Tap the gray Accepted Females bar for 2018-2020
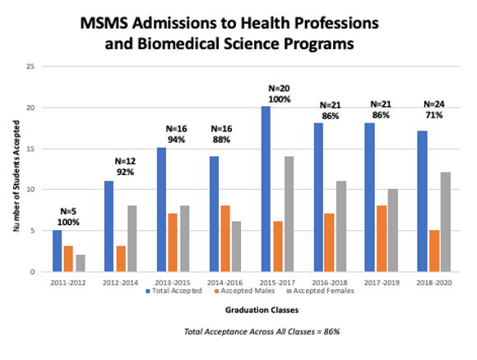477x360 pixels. [445, 222]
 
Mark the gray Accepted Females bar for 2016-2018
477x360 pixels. [342, 226]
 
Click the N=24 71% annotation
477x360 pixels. [433, 110]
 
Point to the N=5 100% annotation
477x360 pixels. [68, 215]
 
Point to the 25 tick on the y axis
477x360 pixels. [29, 67]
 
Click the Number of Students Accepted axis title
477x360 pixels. [15, 168]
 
